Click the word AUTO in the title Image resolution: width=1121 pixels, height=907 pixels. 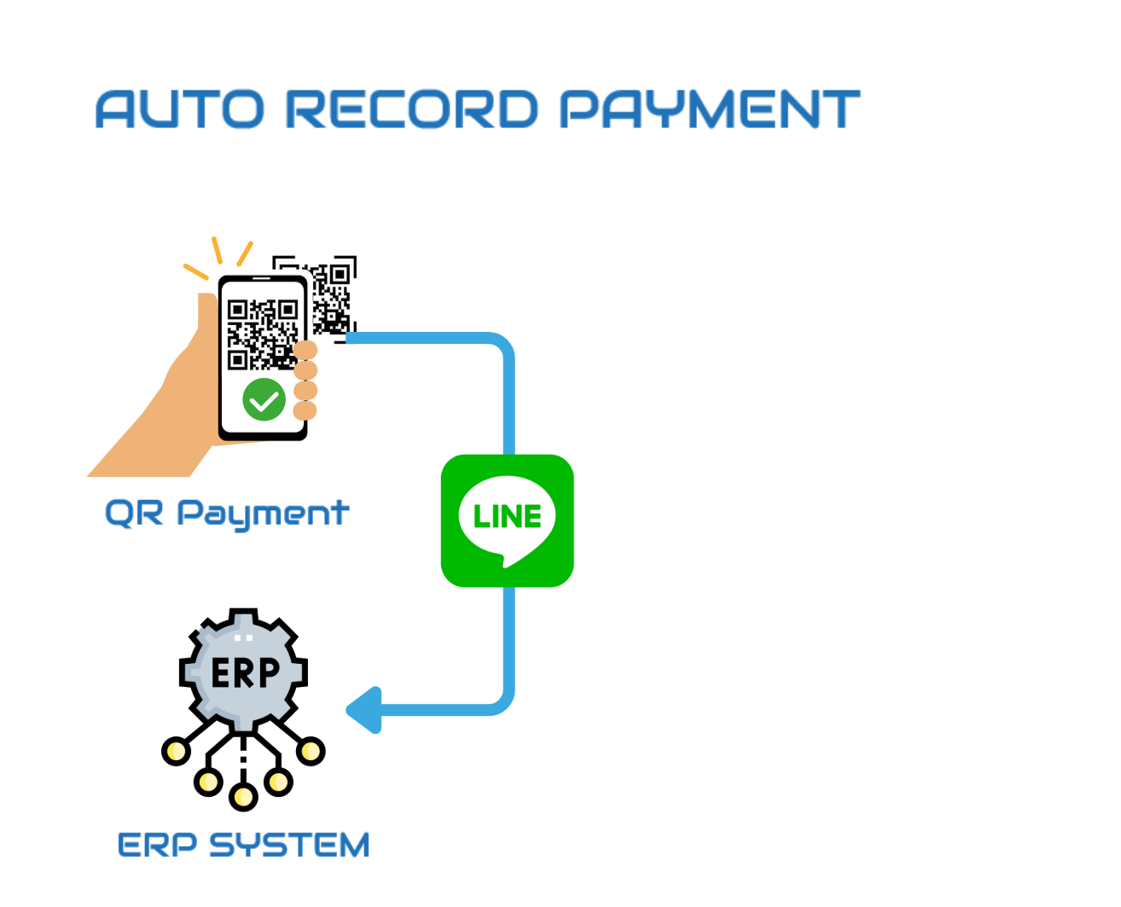coord(180,109)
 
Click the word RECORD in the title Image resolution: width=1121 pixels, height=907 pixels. coord(411,109)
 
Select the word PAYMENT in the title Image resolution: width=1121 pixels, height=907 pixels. coord(709,109)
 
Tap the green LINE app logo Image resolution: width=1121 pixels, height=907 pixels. coord(507,520)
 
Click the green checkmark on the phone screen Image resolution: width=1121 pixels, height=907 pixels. coord(264,399)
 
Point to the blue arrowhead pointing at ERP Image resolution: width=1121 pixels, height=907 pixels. coord(364,709)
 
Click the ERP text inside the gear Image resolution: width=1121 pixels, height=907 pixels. coord(245,673)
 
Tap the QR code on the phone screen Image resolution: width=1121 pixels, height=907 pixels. coord(260,333)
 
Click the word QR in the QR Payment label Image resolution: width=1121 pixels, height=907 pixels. coord(134,514)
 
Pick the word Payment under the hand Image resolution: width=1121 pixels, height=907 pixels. coord(263,515)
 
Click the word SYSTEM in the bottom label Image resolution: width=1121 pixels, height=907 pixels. coord(289,846)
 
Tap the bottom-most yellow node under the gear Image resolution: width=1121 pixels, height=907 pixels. coord(243,797)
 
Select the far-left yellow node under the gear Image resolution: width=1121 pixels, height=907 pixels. coord(177,751)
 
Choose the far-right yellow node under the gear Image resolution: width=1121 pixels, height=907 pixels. coord(311,751)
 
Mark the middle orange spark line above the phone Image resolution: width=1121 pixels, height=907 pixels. coord(217,250)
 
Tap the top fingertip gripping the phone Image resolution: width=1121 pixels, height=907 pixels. coord(305,350)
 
